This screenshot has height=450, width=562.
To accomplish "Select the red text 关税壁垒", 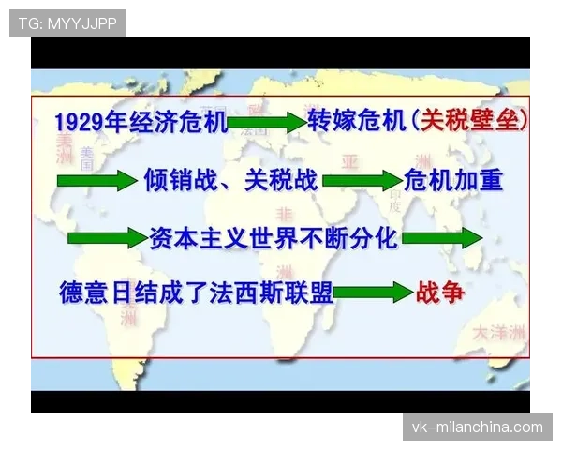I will coord(470,121).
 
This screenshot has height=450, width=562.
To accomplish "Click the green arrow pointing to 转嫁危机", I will coord(266,122).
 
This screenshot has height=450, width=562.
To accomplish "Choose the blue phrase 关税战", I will coord(280,180).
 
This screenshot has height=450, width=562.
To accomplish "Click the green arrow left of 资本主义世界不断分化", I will coord(108,238).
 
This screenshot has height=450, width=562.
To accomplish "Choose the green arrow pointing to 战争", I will coord(372,293).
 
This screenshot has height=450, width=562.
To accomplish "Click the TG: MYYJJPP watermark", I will coord(67,23).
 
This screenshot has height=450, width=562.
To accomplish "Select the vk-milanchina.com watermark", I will coord(477,427).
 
